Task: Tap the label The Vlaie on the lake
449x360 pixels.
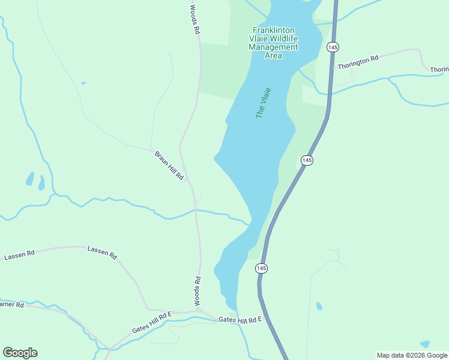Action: (x=264, y=103)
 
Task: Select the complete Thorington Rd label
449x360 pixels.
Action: (x=358, y=62)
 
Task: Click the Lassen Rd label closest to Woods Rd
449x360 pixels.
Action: (x=102, y=251)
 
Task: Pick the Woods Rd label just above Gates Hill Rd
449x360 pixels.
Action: (x=196, y=290)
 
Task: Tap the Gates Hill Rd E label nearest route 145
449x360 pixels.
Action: (x=241, y=320)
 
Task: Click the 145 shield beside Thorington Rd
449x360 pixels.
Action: (x=331, y=47)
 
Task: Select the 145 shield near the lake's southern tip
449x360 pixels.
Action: (x=261, y=268)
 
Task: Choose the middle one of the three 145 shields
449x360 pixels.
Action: (x=307, y=160)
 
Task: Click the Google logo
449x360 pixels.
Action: (x=20, y=352)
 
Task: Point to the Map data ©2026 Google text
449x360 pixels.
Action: (x=412, y=355)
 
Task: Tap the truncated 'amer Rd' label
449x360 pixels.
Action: (x=11, y=305)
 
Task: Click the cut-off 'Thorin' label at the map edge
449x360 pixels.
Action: (x=439, y=70)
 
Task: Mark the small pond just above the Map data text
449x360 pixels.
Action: (x=425, y=344)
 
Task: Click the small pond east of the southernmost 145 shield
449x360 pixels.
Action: (x=319, y=306)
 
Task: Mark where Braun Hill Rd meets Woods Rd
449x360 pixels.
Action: (x=188, y=179)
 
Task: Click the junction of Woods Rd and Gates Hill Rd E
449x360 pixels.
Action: (x=199, y=310)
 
